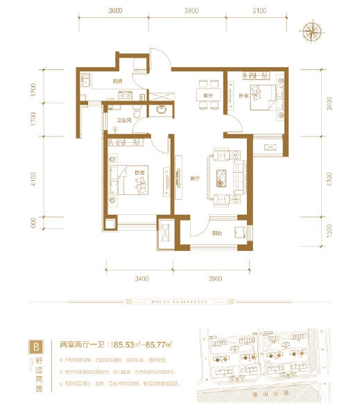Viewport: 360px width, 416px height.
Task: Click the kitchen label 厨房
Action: (x=117, y=83)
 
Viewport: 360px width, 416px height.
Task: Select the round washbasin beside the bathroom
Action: (x=162, y=110)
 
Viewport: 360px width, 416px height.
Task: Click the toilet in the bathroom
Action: (x=138, y=112)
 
